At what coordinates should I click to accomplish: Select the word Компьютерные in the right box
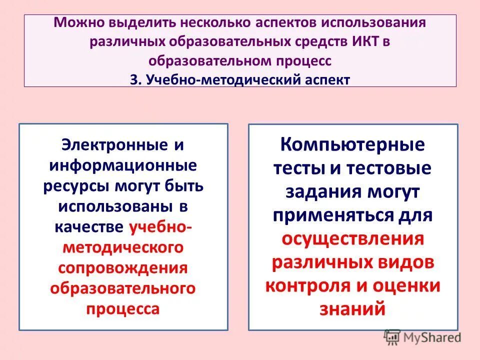point(352,146)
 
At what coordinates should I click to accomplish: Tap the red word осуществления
point(352,239)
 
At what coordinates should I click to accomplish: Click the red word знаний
point(352,309)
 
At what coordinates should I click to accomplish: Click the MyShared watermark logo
point(422,337)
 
